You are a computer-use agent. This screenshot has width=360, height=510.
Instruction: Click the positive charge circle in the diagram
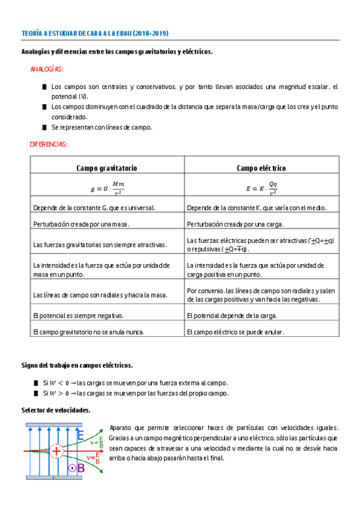[x=56, y=450]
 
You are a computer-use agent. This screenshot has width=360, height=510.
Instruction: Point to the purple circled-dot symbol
[x=72, y=467]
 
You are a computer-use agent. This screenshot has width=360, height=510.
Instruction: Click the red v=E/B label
[x=93, y=459]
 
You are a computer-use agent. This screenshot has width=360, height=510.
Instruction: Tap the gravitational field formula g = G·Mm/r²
[x=107, y=188]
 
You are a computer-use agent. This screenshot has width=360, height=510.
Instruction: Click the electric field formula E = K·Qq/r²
[x=261, y=188]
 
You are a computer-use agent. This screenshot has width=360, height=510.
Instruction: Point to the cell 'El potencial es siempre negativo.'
[x=79, y=315]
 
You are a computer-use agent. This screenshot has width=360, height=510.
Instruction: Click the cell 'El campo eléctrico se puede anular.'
[x=235, y=331]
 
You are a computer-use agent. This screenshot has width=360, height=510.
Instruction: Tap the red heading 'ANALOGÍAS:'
[x=47, y=70]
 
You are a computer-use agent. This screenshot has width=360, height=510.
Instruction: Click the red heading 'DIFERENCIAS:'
[x=49, y=144]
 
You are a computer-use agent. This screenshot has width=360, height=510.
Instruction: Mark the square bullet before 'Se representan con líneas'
[x=44, y=127]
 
